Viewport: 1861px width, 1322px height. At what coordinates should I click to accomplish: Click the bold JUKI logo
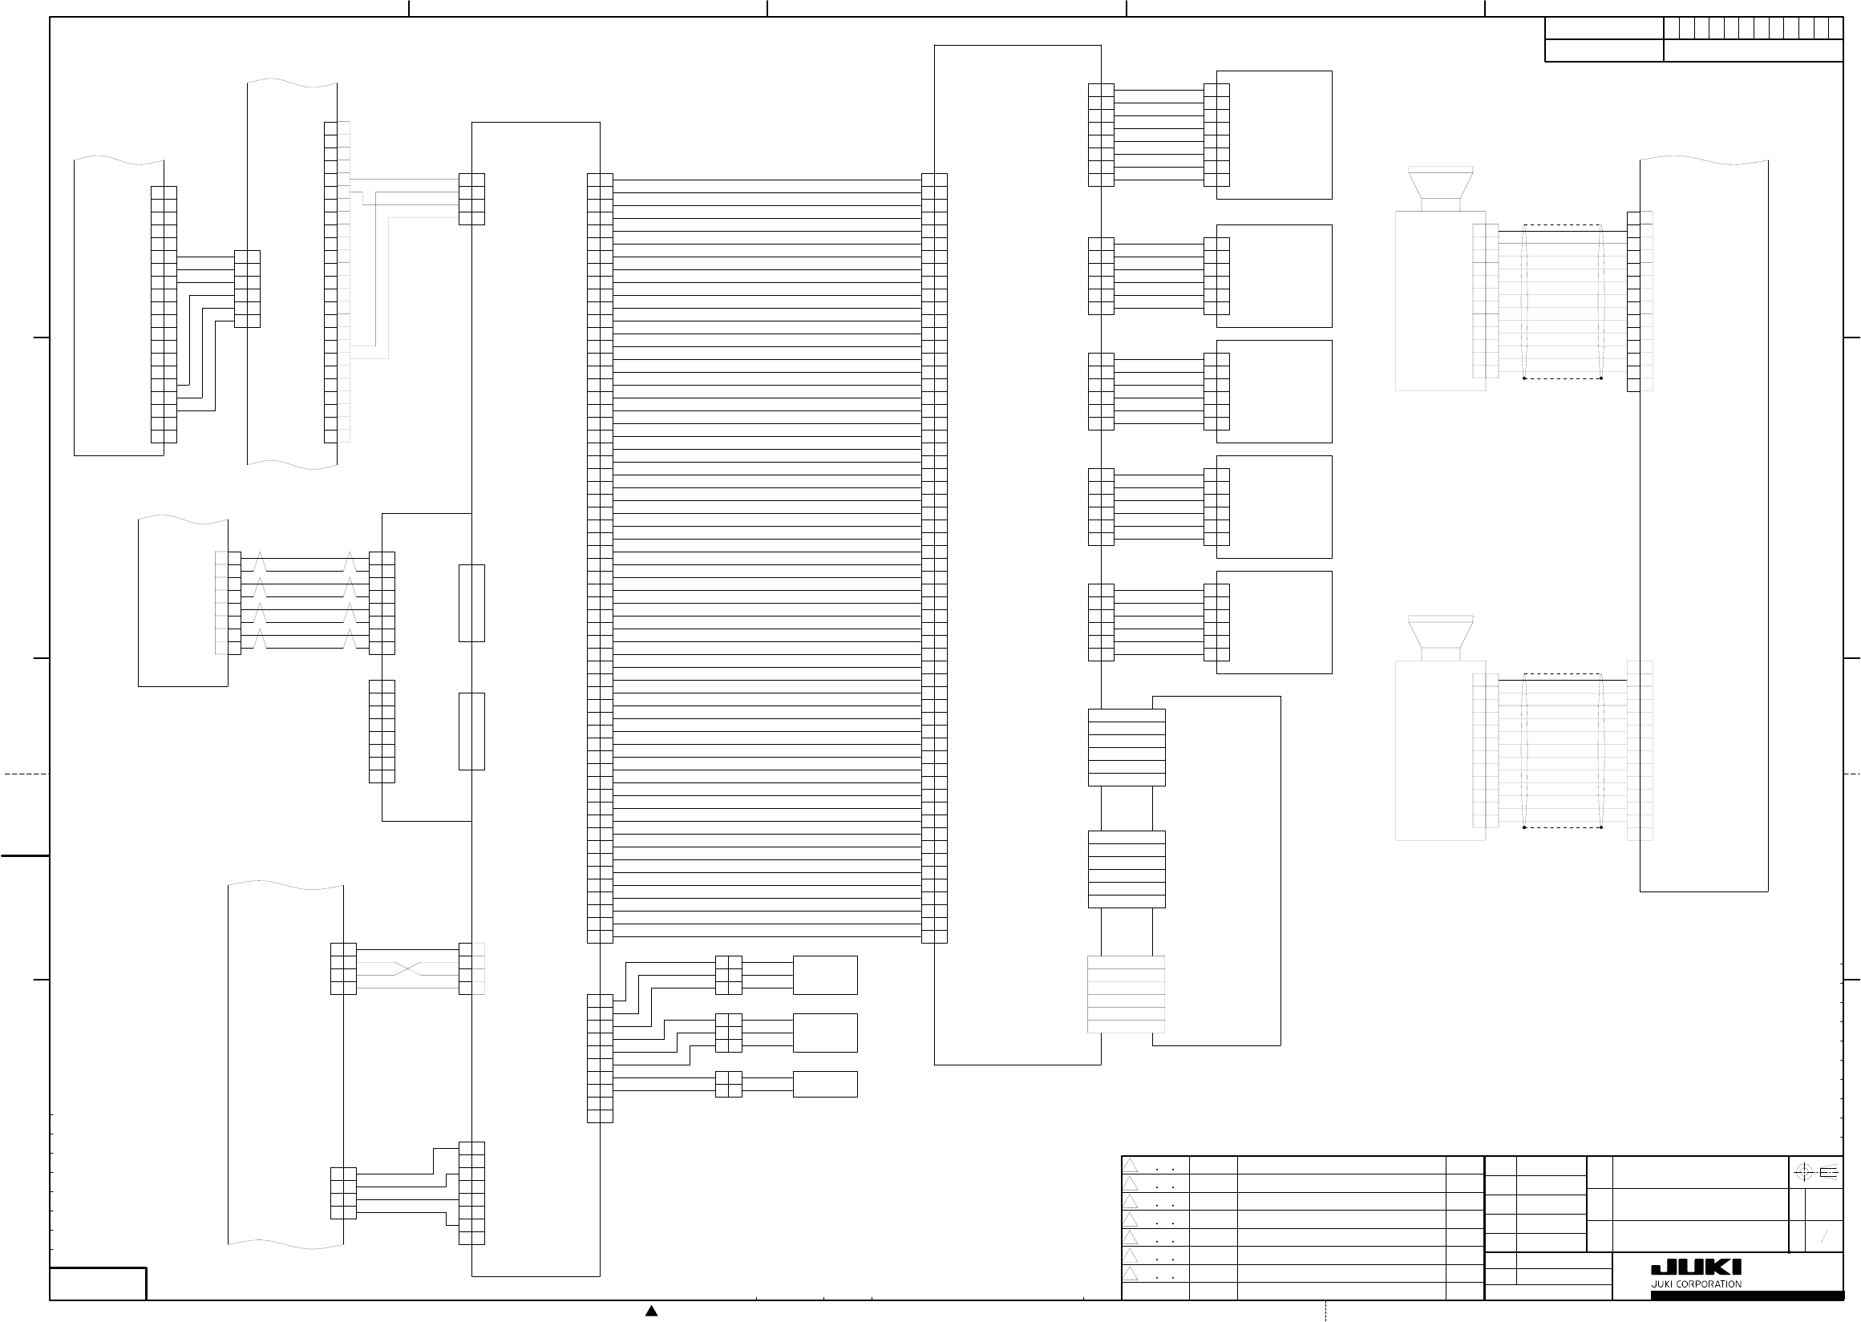tap(1696, 1267)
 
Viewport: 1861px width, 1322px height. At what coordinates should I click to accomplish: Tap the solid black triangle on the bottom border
tap(651, 1311)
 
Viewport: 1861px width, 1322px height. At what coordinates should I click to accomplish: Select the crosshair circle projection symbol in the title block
tap(1803, 1172)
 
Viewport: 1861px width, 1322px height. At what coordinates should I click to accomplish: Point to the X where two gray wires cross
tap(408, 968)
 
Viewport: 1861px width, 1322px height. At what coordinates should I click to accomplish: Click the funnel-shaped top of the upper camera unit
tap(1440, 184)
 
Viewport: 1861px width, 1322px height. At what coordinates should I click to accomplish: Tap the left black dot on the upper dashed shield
tap(1524, 378)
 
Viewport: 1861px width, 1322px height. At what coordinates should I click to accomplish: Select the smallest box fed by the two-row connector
tap(825, 1085)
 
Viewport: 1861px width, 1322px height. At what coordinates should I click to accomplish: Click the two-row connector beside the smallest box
tap(729, 1085)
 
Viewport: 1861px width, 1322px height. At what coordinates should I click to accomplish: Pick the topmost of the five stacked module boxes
tap(1274, 135)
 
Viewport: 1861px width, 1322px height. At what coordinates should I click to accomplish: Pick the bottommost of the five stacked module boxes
tap(1274, 623)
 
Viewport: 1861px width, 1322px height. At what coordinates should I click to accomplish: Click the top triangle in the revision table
tap(1131, 1166)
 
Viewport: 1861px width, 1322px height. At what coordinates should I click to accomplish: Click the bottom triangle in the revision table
tap(1131, 1273)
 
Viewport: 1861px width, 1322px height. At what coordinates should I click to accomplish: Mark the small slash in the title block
tap(1824, 1236)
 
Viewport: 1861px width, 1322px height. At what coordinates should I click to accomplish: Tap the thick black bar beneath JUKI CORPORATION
tap(1746, 1295)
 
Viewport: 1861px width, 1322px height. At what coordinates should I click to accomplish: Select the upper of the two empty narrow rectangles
tap(471, 603)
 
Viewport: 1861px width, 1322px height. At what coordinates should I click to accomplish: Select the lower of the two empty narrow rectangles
tap(471, 731)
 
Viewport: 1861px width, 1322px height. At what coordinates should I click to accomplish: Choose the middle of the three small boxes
tap(825, 1033)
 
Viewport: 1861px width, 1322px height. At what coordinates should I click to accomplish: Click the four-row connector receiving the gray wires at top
tap(471, 200)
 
